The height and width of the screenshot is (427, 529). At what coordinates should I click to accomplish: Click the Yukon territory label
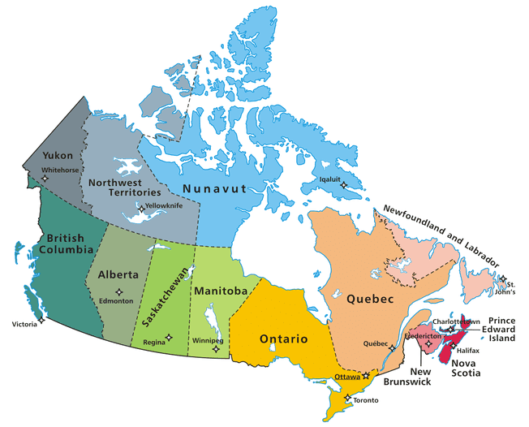[58, 154]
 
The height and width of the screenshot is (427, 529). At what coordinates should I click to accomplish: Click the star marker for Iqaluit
[343, 186]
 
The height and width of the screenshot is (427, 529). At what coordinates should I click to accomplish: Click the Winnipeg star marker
[215, 349]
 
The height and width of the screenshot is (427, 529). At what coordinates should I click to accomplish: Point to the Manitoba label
[220, 291]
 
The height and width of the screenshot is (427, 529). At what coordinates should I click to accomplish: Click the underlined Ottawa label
[346, 377]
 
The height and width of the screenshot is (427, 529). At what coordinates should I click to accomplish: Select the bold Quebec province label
[370, 299]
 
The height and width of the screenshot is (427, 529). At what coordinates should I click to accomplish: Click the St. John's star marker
[503, 279]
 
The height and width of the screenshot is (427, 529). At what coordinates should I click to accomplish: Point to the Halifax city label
[467, 350]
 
